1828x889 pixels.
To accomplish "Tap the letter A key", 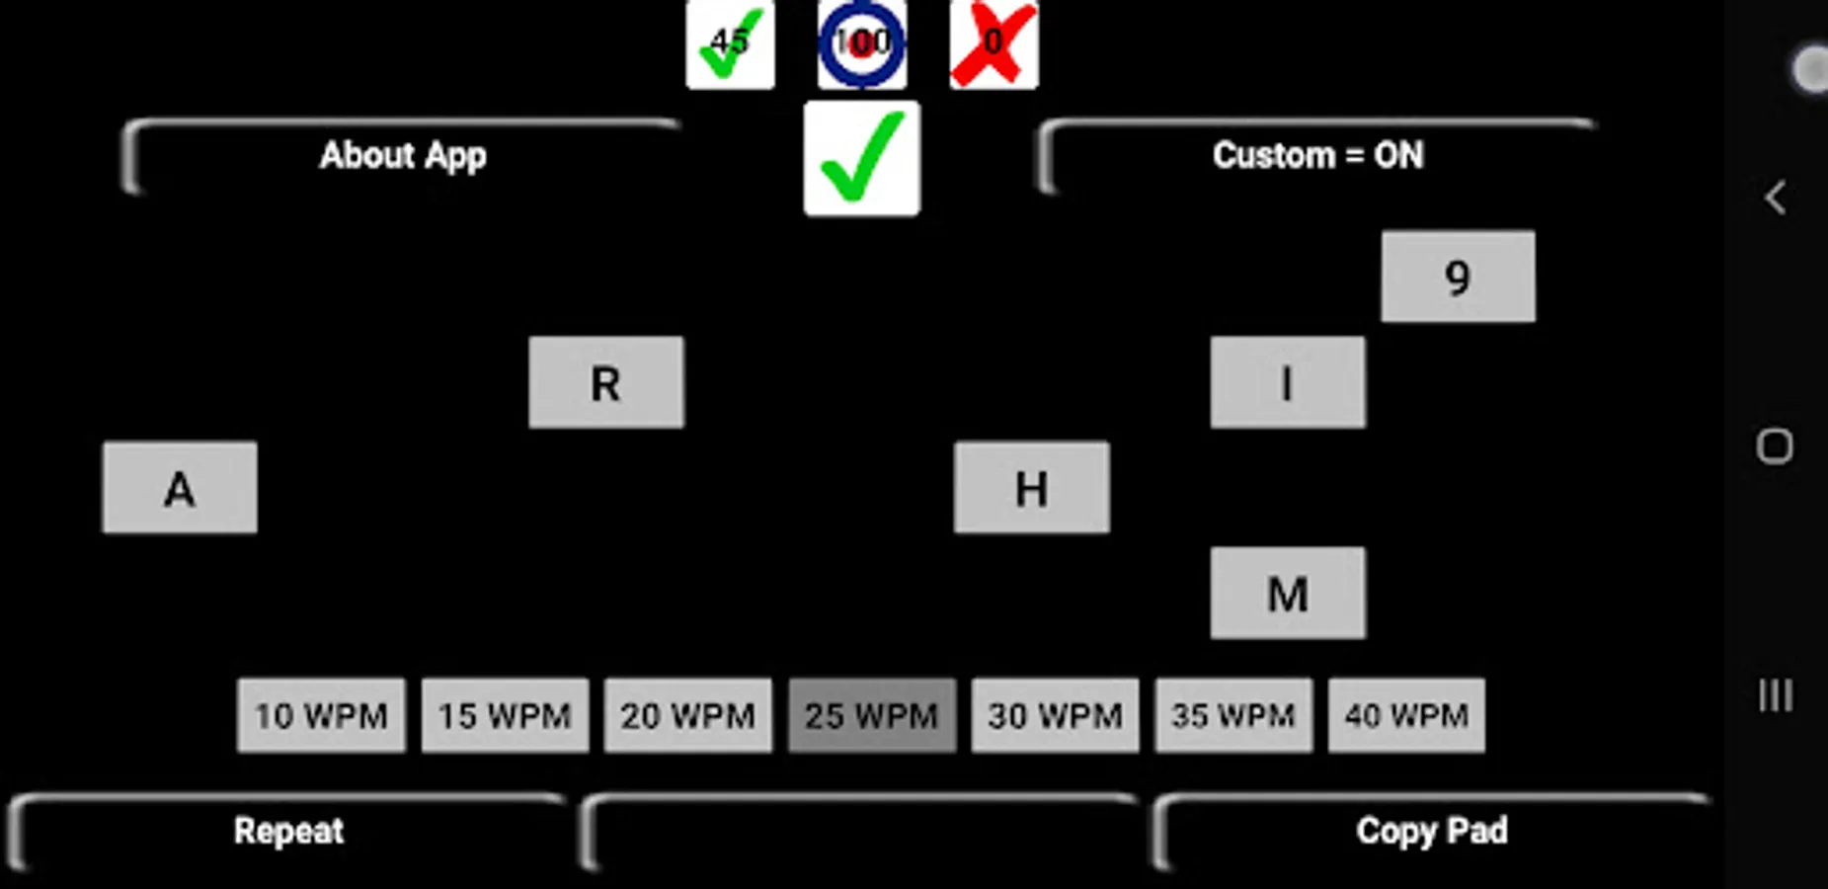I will (x=180, y=488).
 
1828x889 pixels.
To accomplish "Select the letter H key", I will (x=1031, y=488).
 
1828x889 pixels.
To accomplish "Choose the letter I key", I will (x=1288, y=382).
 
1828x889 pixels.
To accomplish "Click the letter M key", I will (x=1288, y=594).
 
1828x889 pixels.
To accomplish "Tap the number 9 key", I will (x=1458, y=277).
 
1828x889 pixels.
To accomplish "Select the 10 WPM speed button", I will (x=321, y=715).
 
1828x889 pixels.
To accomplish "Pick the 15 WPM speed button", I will (x=505, y=715).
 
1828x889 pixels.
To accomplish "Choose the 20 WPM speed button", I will (x=687, y=715).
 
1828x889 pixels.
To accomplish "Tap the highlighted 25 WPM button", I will (x=871, y=715).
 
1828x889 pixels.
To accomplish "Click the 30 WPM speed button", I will (x=1055, y=715).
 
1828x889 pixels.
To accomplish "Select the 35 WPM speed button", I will (x=1233, y=715).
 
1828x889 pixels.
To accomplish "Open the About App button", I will (x=403, y=156).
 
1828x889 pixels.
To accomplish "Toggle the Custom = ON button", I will (x=1317, y=156).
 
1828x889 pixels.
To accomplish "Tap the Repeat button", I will (x=288, y=832).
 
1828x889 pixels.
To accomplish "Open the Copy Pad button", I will (x=1431, y=832).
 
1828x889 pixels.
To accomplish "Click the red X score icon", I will (x=993, y=44).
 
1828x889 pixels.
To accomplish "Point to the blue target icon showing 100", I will (x=862, y=44).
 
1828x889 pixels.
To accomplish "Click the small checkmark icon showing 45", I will (x=730, y=44).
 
